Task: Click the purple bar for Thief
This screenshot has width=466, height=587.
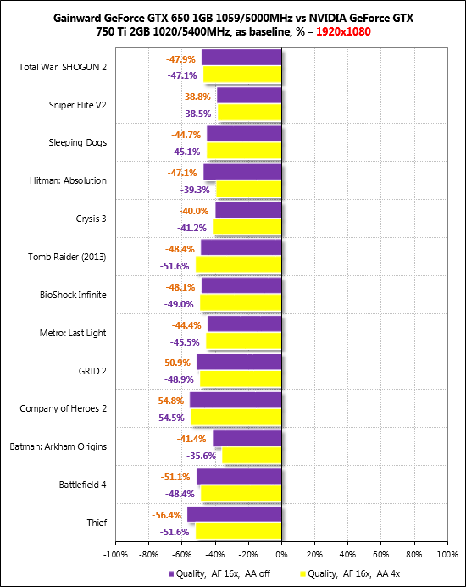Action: [x=235, y=514]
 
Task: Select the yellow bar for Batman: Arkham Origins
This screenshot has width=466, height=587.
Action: [x=252, y=455]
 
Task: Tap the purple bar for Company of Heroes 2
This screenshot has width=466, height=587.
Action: [x=236, y=400]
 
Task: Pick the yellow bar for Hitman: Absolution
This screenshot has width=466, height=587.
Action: [x=249, y=189]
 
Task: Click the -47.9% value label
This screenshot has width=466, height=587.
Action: [x=180, y=59]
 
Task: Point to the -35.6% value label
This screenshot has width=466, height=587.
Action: [x=201, y=456]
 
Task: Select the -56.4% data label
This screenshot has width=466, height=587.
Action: [x=166, y=515]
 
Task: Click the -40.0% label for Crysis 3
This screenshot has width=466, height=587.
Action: [x=194, y=211]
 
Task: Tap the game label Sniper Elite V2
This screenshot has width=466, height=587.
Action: [x=78, y=105]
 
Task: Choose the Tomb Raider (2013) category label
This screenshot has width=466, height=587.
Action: [x=67, y=257]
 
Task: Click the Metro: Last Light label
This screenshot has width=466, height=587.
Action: [x=73, y=333]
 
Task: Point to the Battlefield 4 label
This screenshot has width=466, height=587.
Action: [x=83, y=485]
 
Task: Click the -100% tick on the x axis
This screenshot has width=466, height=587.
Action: [x=115, y=555]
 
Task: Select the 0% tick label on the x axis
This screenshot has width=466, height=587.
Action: [x=281, y=555]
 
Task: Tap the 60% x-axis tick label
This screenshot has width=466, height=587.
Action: [x=381, y=555]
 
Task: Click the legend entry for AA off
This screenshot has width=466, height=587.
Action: [x=219, y=573]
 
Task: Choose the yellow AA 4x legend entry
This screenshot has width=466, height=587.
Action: [x=350, y=573]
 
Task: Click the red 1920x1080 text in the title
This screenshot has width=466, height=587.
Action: [x=343, y=31]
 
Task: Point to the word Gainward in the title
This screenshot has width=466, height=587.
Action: [x=78, y=18]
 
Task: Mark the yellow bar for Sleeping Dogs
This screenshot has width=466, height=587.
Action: [x=244, y=151]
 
